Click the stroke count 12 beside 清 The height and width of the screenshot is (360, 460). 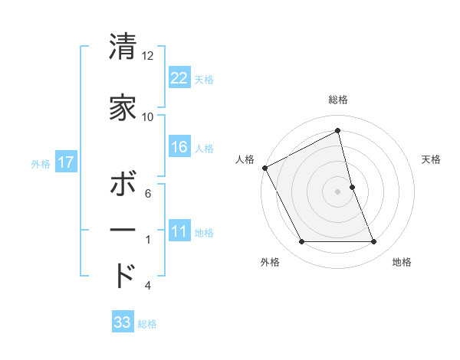[148, 56]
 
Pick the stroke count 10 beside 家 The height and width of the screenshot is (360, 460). [148, 117]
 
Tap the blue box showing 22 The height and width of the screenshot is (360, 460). [179, 77]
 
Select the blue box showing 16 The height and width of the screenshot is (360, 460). [179, 147]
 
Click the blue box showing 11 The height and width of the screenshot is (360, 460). [179, 232]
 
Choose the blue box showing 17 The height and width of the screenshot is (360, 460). [65, 162]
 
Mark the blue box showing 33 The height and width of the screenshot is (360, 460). [123, 322]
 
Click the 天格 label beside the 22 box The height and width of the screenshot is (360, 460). [204, 79]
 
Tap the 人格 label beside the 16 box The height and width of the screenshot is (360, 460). [204, 149]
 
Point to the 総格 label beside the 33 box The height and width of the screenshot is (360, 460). [147, 324]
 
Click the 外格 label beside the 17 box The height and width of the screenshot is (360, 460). [41, 164]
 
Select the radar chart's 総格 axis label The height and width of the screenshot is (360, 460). [338, 100]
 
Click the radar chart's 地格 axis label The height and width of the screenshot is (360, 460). [402, 262]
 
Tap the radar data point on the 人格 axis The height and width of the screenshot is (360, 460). [264, 167]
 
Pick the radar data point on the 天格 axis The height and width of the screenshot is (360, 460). [352, 186]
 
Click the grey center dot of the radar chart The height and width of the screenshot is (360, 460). [337, 191]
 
